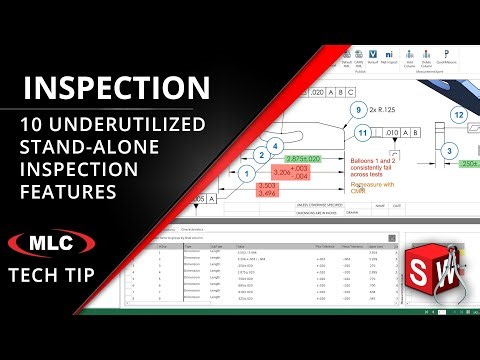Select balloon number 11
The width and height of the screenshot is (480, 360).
(x=364, y=132)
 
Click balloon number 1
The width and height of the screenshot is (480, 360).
(x=246, y=175)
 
